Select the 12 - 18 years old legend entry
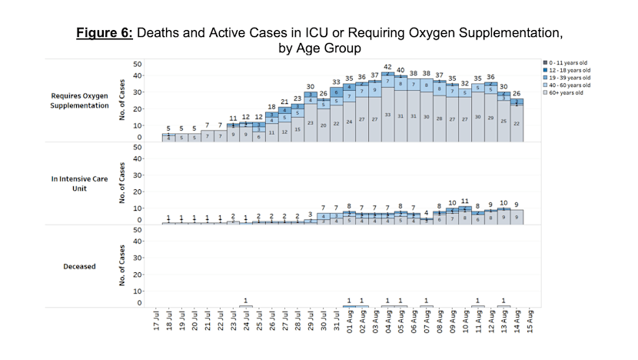(x=567, y=70)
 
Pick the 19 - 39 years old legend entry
(x=567, y=78)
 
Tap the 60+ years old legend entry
(x=567, y=95)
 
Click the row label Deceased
(x=81, y=266)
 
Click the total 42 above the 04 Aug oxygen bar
(x=388, y=68)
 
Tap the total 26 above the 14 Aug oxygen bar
(x=517, y=94)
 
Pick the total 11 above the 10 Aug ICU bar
(x=465, y=201)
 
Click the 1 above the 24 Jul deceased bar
(x=246, y=300)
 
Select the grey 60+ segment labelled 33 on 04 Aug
(x=388, y=115)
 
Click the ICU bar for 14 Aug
(x=517, y=217)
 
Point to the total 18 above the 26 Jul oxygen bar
(x=272, y=107)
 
